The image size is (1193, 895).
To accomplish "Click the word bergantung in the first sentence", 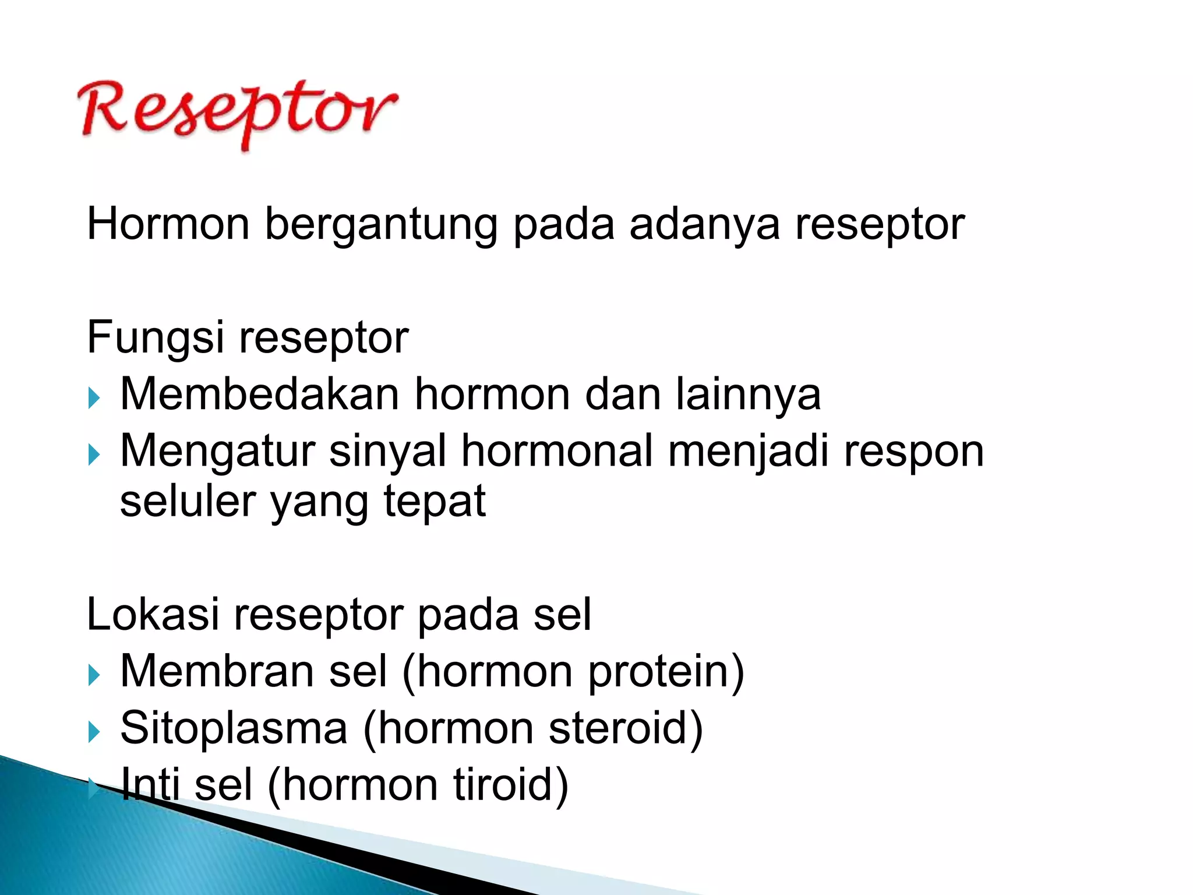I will tap(380, 224).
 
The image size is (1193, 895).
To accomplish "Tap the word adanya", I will tap(704, 224).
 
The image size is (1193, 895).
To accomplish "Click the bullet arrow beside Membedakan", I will tap(94, 399).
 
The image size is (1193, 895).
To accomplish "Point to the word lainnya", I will tap(748, 394).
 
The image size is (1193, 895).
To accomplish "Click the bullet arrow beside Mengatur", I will tap(94, 455).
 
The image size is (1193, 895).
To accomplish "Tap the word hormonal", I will tap(557, 451).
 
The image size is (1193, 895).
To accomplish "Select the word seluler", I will tap(188, 501).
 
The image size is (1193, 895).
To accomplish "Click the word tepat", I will tap(434, 501).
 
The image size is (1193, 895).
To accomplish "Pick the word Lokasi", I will tap(153, 615).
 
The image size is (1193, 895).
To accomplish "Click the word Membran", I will tap(217, 671).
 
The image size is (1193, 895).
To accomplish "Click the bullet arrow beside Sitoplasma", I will tap(94, 732).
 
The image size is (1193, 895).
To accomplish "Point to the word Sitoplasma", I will tap(234, 728).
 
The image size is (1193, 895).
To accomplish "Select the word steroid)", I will tap(626, 728).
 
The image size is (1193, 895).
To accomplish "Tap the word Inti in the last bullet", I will tap(150, 784).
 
